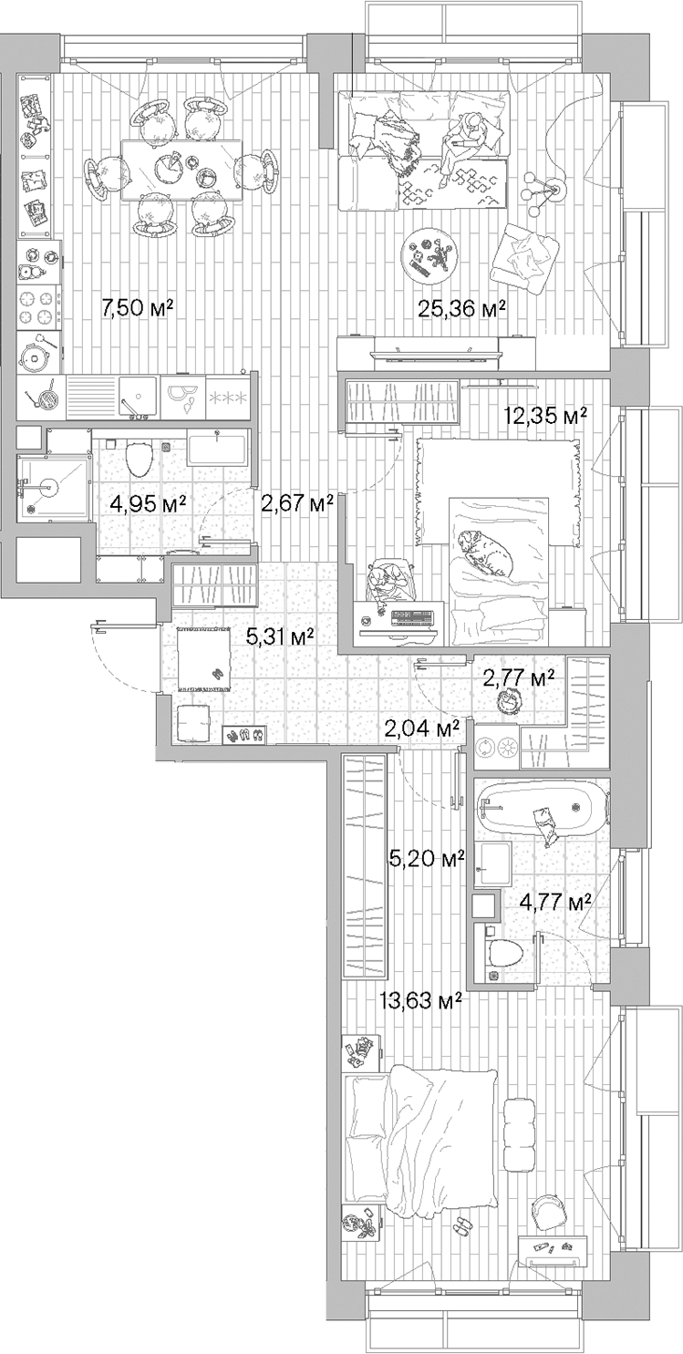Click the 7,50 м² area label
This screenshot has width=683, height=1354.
(138, 308)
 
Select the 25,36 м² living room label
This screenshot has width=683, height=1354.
(461, 309)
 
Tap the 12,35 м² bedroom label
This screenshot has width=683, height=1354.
(545, 416)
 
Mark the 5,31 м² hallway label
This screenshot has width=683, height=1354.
(280, 636)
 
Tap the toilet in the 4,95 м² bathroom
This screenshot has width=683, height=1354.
(139, 458)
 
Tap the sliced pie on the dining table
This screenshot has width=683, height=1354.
(166, 168)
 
